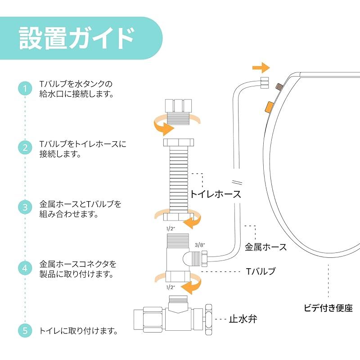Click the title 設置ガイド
tap(76, 39)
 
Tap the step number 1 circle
tap(25, 88)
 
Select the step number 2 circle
tap(25, 148)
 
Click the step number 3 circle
tap(25, 208)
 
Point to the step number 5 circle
tap(25, 331)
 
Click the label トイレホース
tap(215, 194)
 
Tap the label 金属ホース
tap(265, 247)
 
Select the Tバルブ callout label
tap(261, 271)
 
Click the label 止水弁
tap(243, 319)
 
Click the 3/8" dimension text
tap(200, 244)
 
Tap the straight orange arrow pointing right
tap(261, 68)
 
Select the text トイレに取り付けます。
tap(79, 331)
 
